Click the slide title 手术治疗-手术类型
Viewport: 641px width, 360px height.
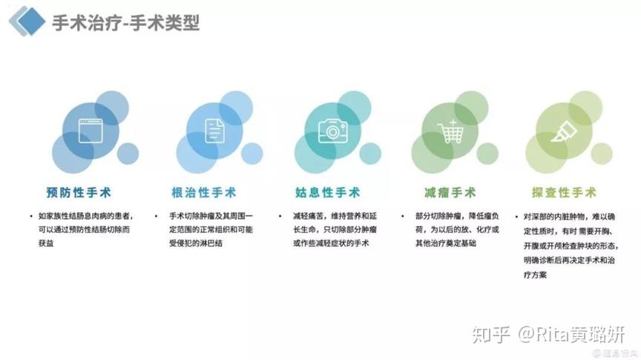125,22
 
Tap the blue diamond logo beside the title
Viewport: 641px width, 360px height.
30,21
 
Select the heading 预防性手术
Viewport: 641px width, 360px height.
79,192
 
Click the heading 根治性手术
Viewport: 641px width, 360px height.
203,192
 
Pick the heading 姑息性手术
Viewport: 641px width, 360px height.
327,192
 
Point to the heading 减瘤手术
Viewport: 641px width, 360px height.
450,192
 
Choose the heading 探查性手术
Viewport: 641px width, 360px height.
564,192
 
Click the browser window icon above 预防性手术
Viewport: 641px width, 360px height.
91,131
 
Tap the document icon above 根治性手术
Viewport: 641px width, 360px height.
214,131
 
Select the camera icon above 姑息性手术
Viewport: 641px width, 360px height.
333,131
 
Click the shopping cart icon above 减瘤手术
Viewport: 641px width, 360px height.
450,131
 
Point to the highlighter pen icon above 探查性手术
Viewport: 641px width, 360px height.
564,131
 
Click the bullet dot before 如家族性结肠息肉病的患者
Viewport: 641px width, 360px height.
31,216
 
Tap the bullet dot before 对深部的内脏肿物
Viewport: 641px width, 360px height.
516,217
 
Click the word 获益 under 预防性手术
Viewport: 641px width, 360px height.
46,243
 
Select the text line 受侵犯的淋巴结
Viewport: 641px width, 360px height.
196,243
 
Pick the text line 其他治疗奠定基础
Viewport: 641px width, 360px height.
446,243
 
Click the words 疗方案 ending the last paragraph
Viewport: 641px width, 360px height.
535,275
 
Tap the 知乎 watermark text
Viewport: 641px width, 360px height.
491,335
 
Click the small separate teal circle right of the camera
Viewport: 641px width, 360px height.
370,154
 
